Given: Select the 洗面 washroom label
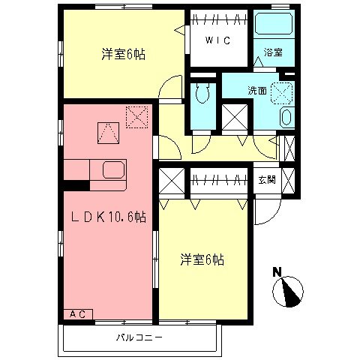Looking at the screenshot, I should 257,90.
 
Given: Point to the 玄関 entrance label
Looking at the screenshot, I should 267,179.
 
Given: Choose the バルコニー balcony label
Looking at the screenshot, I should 139,337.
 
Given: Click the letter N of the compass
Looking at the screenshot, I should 277,271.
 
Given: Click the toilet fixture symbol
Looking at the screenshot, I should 201,95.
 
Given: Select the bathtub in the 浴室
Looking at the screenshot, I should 274,25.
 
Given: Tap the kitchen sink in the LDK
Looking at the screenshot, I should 113,170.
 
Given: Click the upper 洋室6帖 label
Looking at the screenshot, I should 123,54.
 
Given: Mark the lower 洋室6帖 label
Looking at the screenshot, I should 202,260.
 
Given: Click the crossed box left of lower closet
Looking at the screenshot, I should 172,182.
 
